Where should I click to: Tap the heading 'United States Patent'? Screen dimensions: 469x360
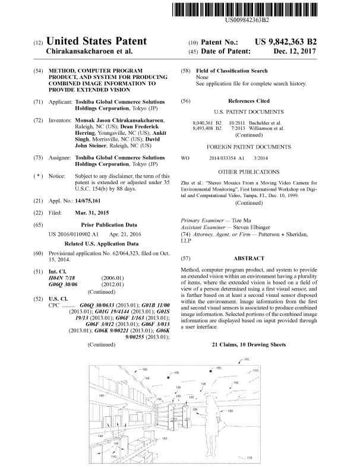coord(97,42)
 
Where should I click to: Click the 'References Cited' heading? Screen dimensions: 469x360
coord(249,102)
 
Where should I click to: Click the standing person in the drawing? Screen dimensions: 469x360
coord(210,424)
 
